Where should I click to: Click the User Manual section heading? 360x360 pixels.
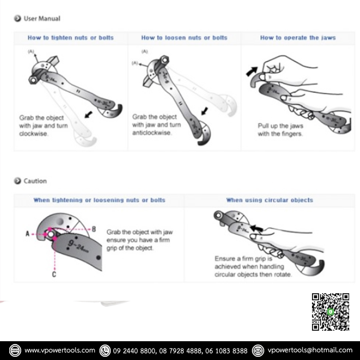(x=42, y=18)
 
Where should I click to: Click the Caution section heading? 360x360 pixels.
(x=35, y=181)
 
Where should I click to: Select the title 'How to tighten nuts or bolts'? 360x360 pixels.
(x=71, y=38)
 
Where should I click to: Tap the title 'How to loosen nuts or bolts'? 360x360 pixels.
(x=184, y=38)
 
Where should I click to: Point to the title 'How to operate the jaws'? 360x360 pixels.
(x=298, y=38)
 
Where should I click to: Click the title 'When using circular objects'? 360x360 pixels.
(x=270, y=200)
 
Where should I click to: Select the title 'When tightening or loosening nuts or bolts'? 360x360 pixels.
(x=99, y=200)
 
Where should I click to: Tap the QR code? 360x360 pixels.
(x=330, y=312)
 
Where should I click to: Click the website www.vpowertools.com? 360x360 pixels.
(x=60, y=350)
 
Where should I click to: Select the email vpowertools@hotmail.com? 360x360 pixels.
(x=310, y=350)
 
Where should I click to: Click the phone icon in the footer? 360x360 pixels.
(x=105, y=350)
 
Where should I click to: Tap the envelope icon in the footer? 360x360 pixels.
(x=258, y=350)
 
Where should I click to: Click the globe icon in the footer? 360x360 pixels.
(x=15, y=350)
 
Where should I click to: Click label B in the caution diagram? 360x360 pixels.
(x=94, y=229)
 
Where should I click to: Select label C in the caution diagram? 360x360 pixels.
(x=54, y=274)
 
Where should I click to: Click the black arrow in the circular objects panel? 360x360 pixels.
(x=257, y=228)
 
